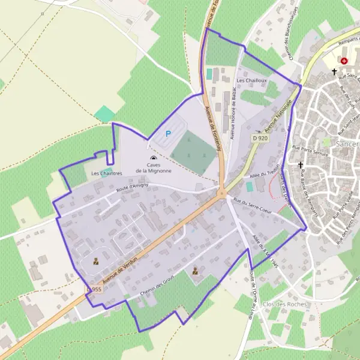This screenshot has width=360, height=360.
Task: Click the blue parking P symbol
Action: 168,134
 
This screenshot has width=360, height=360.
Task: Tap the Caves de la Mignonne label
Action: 154,167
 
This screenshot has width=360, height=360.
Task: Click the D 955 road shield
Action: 94,289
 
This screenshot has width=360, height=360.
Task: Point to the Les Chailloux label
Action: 251,80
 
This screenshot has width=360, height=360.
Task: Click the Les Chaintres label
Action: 106,173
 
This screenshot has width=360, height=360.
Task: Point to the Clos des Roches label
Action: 285,304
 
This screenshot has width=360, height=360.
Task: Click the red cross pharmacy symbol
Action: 344,61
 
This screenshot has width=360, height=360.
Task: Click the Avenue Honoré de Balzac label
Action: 234,109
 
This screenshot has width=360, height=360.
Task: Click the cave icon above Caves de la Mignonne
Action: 152,157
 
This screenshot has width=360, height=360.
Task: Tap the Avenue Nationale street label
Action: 280,115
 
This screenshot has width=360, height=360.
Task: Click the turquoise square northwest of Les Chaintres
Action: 104,113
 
